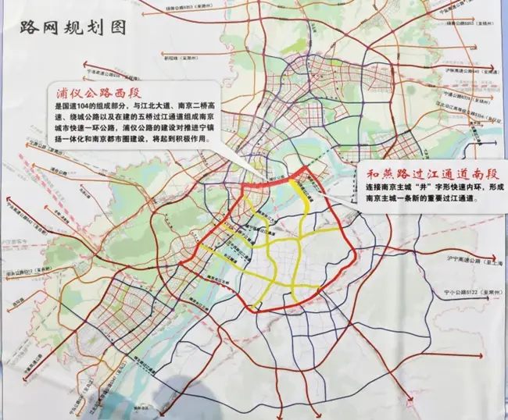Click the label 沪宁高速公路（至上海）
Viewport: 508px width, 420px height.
pos(467,256)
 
